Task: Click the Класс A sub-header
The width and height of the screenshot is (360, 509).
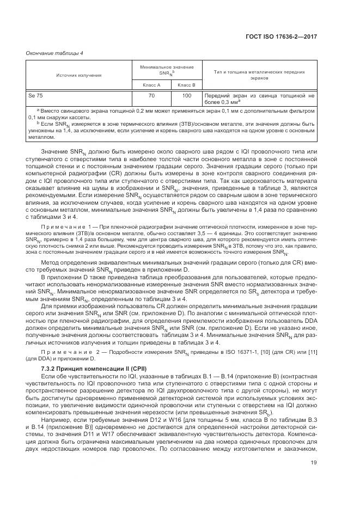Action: (x=151, y=84)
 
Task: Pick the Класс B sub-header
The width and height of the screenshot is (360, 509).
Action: (x=186, y=84)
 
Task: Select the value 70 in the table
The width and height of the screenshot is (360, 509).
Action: (x=151, y=96)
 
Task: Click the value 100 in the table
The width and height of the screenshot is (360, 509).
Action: (x=187, y=96)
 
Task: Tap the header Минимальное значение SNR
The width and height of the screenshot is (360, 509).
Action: (x=169, y=69)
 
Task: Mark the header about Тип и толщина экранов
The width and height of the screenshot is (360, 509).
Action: (x=259, y=74)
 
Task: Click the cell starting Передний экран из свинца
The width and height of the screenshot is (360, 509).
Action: (x=259, y=99)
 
